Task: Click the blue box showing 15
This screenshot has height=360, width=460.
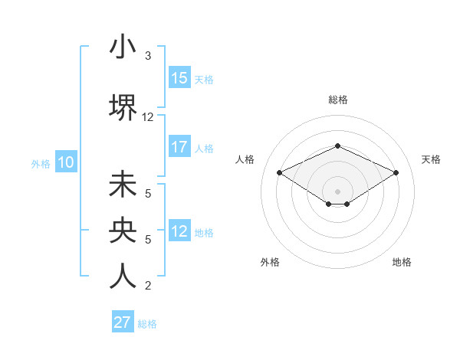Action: [x=179, y=78]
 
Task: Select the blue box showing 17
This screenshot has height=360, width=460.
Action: [x=179, y=147]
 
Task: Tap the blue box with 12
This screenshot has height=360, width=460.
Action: [x=179, y=231]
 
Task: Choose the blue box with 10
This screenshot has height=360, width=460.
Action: [x=65, y=162]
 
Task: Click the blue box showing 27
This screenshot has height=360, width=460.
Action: [x=123, y=322]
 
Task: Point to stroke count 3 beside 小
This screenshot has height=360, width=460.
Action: [x=148, y=56]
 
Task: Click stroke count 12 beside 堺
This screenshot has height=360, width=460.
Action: [x=148, y=117]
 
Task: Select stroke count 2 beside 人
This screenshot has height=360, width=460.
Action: [x=148, y=286]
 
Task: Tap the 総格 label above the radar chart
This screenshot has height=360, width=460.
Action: [x=337, y=100]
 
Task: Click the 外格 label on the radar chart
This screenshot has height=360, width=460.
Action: [x=270, y=262]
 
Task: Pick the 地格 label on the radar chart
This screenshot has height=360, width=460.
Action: [x=402, y=262]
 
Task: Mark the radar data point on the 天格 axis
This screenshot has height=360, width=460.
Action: [x=396, y=172]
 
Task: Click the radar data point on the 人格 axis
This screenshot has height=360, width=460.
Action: [x=279, y=172]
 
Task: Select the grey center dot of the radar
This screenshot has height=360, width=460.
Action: [x=337, y=191]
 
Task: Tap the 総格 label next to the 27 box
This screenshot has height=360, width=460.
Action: [x=147, y=324]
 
